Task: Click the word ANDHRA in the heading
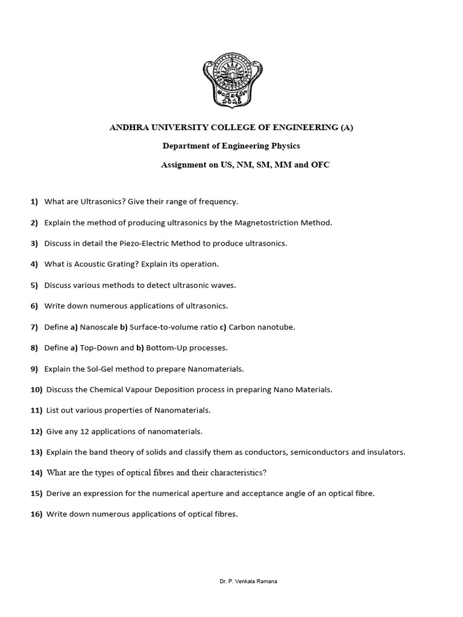(x=128, y=127)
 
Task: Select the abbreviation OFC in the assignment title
(x=320, y=164)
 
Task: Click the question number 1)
(x=34, y=201)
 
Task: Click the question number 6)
(x=34, y=306)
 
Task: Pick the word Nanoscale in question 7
(x=99, y=327)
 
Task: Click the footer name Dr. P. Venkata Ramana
(x=248, y=581)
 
